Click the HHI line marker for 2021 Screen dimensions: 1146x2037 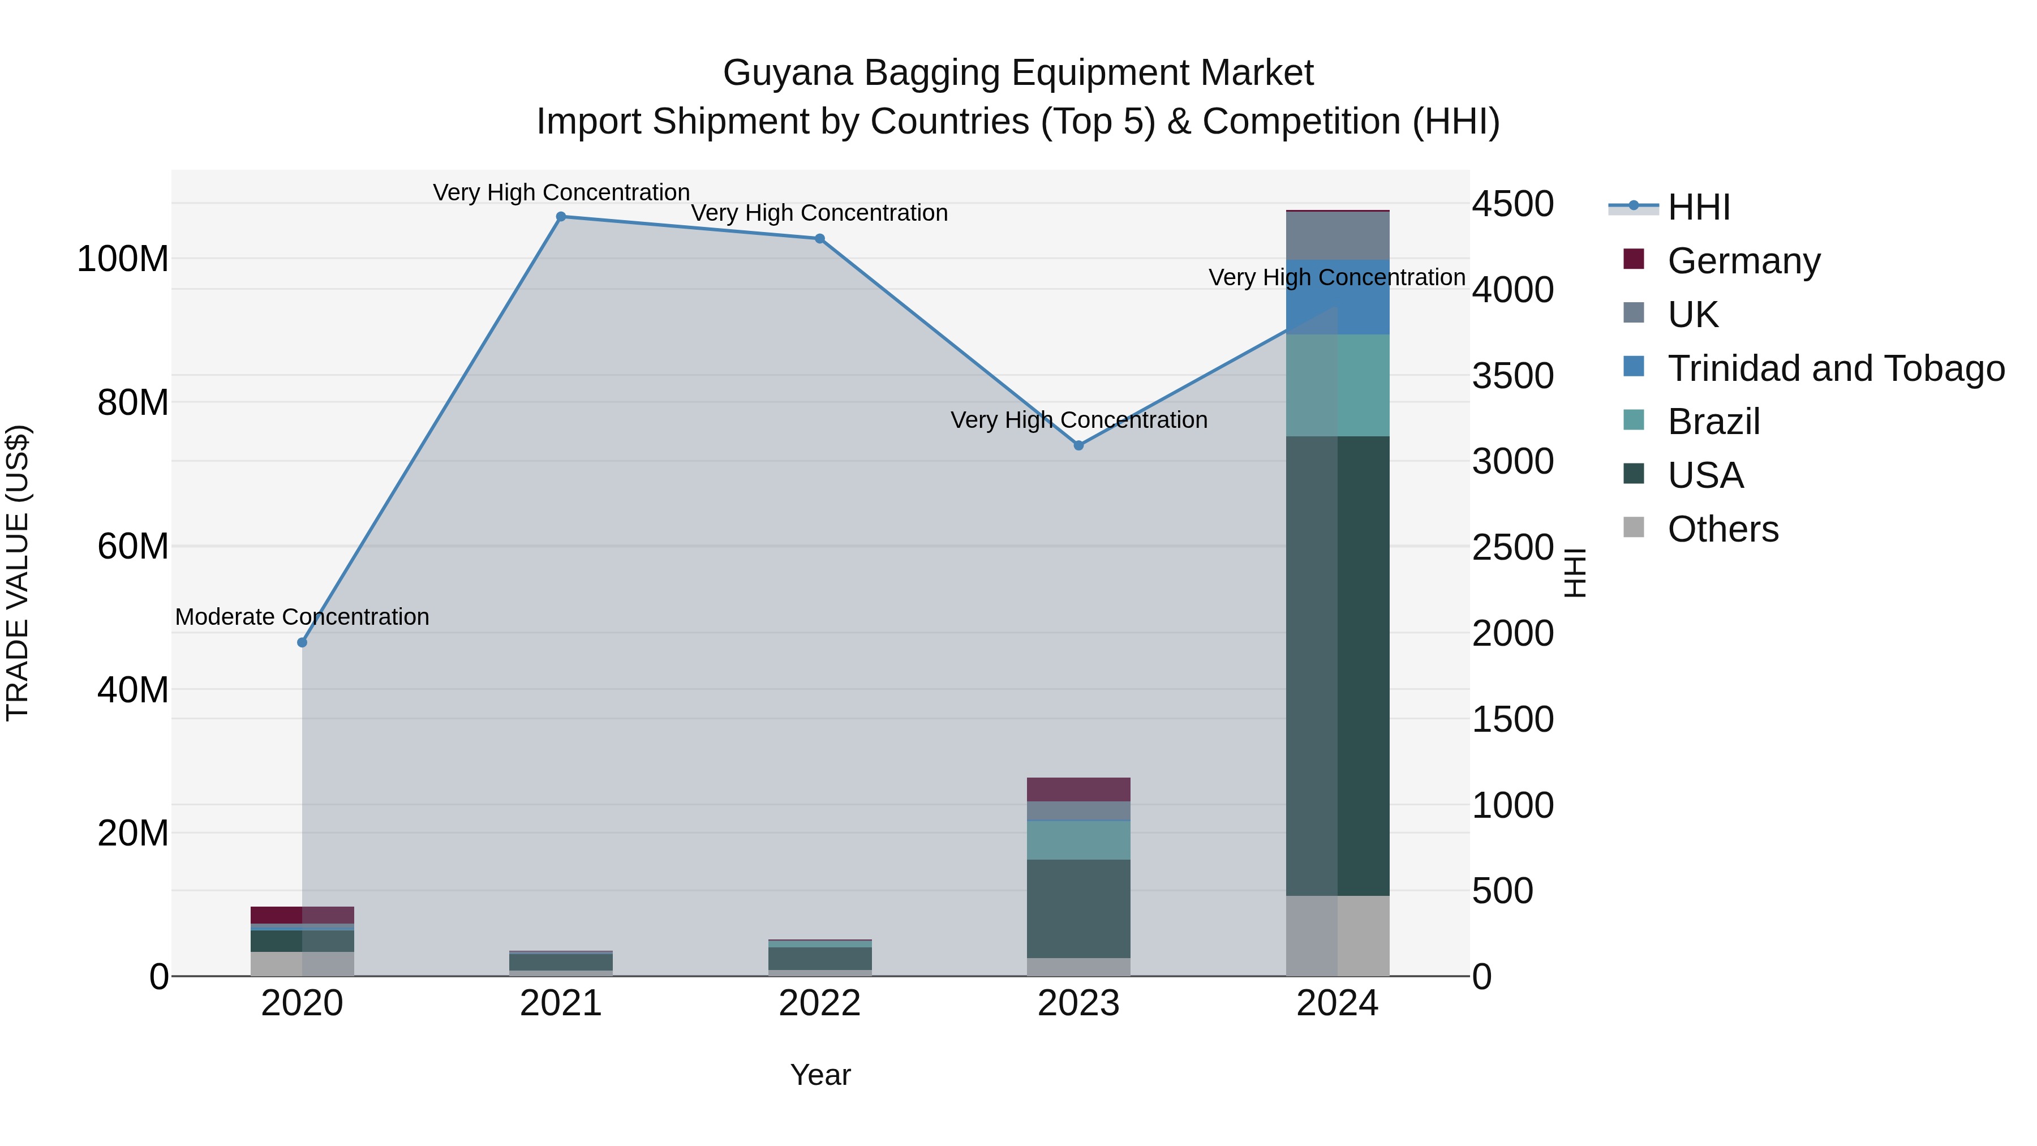(x=561, y=217)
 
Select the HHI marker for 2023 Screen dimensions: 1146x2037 (x=1078, y=445)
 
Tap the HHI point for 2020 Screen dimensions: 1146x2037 (x=302, y=642)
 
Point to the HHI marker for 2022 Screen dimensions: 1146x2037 (x=820, y=239)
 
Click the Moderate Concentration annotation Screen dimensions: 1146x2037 (x=302, y=617)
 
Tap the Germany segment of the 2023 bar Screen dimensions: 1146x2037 (x=1078, y=789)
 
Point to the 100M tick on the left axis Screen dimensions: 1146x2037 (x=123, y=259)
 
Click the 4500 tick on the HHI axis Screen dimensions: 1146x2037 (x=1512, y=204)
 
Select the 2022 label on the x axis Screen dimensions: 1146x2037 (x=819, y=1003)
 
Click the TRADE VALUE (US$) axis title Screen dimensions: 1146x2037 (x=18, y=573)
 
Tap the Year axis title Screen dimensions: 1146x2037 (x=820, y=1075)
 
